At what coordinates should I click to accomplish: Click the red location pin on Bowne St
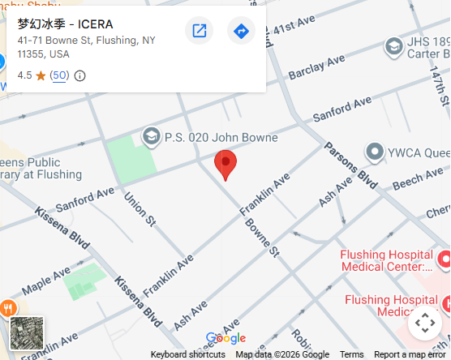pos(225,164)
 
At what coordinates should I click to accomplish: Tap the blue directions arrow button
pos(241,32)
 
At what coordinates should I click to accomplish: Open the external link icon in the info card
pos(199,32)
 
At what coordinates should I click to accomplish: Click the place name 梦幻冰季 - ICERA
pos(66,24)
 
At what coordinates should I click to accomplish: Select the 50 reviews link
pos(59,75)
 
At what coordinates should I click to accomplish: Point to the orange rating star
pos(41,75)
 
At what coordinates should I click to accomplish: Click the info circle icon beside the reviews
pos(79,75)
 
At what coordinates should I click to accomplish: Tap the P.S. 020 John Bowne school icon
pos(151,136)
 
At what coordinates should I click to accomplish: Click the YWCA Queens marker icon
pos(374,151)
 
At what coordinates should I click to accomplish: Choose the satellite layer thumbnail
pos(27,333)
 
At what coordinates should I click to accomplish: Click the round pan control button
pos(424,324)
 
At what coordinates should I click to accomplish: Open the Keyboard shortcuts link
pos(188,354)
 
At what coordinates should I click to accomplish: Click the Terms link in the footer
pos(351,354)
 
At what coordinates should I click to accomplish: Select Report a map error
pos(410,354)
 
